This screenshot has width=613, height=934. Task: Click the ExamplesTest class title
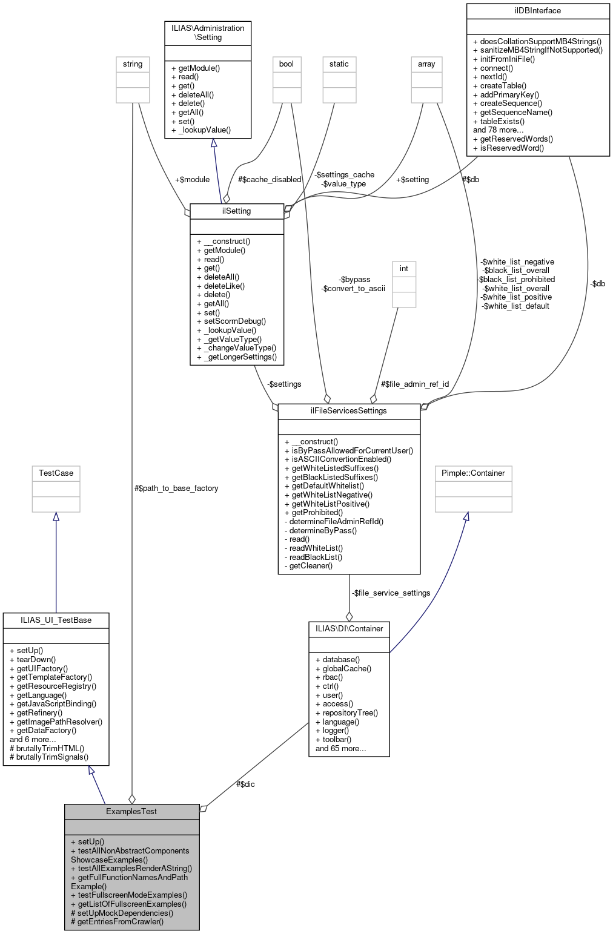pyautogui.click(x=131, y=811)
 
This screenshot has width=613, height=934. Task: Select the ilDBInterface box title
pyautogui.click(x=537, y=10)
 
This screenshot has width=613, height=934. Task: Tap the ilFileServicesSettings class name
pyautogui.click(x=349, y=410)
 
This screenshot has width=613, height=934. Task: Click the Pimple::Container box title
pyautogui.click(x=473, y=473)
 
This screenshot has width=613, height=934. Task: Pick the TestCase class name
pyautogui.click(x=56, y=473)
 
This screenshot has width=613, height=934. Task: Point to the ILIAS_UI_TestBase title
pyautogui.click(x=56, y=620)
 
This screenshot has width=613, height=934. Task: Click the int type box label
pyautogui.click(x=404, y=268)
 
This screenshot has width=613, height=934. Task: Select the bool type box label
pyautogui.click(x=287, y=64)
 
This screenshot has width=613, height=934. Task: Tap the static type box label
pyautogui.click(x=339, y=64)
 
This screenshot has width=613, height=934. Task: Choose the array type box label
pyautogui.click(x=426, y=64)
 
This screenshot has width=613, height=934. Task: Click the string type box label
pyautogui.click(x=133, y=64)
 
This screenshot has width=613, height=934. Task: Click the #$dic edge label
pyautogui.click(x=245, y=784)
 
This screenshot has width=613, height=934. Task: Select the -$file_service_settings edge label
pyautogui.click(x=391, y=593)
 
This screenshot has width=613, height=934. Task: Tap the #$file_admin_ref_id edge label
pyautogui.click(x=415, y=384)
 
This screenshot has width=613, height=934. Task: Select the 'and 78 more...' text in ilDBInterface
pyautogui.click(x=499, y=130)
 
